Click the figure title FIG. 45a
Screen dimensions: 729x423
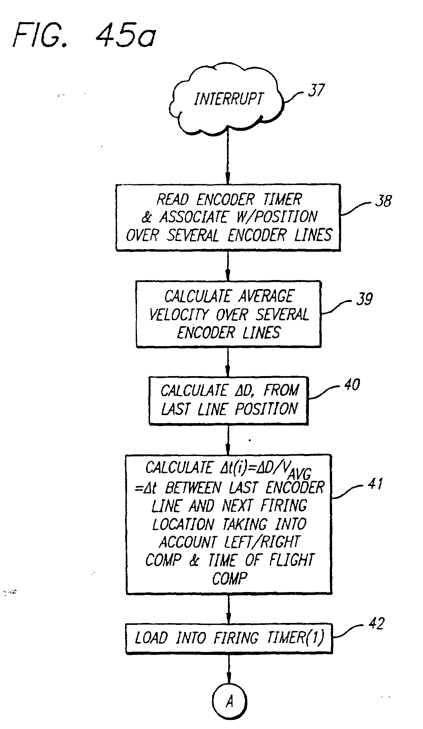(x=84, y=36)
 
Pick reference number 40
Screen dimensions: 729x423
(x=352, y=385)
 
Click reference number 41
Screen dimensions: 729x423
(x=375, y=484)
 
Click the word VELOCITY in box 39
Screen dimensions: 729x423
(x=179, y=314)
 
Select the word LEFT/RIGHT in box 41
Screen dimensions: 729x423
(x=268, y=542)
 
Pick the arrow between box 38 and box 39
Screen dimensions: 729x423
(x=228, y=266)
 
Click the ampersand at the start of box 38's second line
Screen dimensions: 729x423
(x=147, y=217)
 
